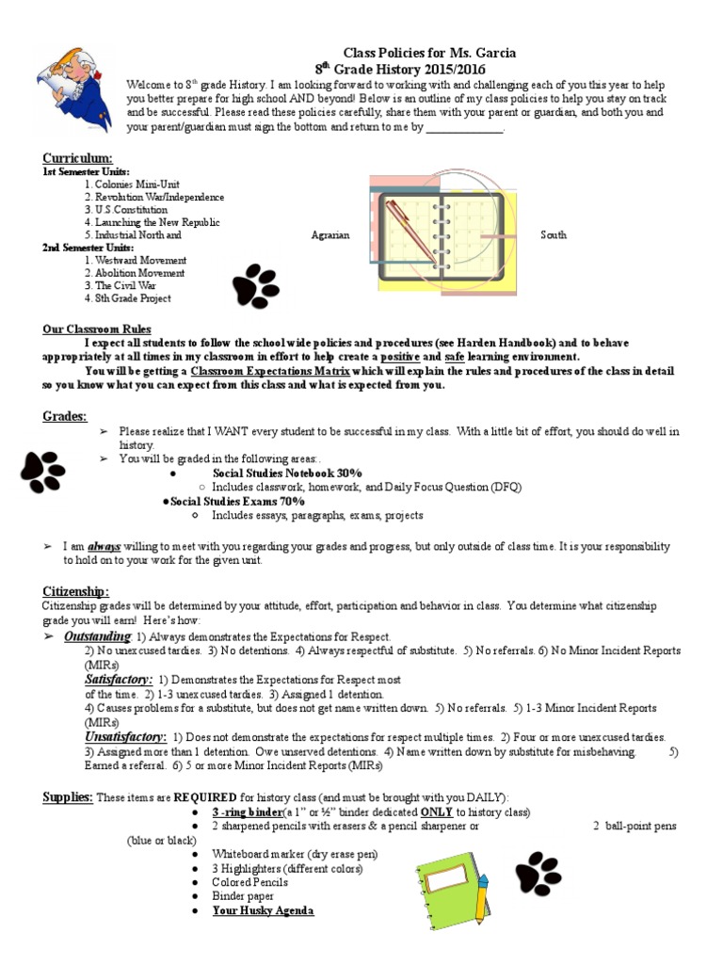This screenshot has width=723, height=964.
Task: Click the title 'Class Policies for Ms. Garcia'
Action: coord(428,53)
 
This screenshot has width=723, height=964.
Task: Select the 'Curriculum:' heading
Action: coord(77,157)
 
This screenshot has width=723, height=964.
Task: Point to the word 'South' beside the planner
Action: coord(554,234)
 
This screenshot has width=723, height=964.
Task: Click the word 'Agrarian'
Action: coord(329,234)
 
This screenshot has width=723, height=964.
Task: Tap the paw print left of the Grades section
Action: coord(43,471)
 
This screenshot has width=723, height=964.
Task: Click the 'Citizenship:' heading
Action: coord(75,591)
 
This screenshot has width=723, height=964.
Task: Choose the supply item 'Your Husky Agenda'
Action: coord(263,910)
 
